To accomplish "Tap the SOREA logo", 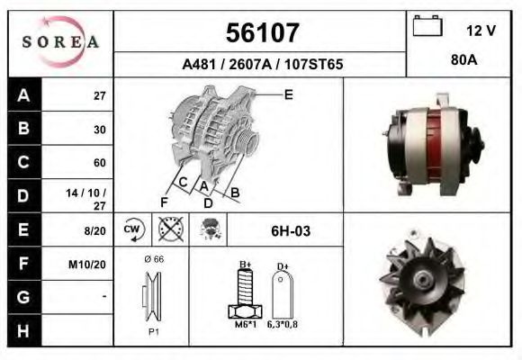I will [x=59, y=42].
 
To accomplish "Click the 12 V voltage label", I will [x=481, y=31].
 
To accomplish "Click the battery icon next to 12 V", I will [x=426, y=27].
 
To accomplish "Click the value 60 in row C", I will [x=99, y=163].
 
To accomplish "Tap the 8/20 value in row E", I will [x=94, y=230].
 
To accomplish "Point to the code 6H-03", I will [x=290, y=231].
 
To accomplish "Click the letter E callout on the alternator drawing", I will [x=288, y=94].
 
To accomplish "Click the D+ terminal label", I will [x=282, y=266].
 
